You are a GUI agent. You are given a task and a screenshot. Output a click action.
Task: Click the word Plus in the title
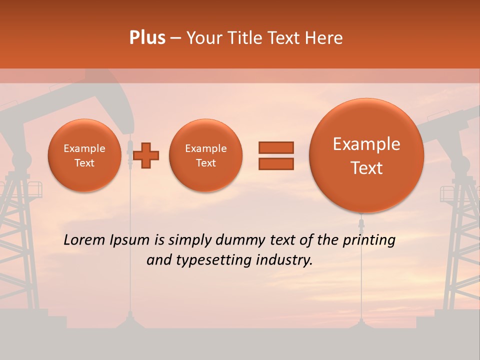click(147, 38)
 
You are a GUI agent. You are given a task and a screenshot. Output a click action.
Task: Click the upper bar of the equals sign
click(276, 147)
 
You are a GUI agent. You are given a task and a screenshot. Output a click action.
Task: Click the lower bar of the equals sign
click(276, 163)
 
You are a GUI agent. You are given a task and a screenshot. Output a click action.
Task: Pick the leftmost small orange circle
click(84, 155)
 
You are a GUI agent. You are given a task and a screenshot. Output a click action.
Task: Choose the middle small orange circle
click(205, 155)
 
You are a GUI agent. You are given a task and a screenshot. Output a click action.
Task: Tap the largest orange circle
click(366, 155)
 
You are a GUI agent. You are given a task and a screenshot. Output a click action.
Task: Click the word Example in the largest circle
click(366, 144)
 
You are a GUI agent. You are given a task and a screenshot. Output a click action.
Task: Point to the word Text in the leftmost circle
click(84, 163)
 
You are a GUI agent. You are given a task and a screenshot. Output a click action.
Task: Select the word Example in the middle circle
click(205, 148)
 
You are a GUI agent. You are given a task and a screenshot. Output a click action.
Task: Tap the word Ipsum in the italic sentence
click(131, 240)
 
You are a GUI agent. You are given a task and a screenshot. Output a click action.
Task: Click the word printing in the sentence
click(368, 240)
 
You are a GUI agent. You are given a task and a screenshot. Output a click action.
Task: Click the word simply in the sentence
click(190, 240)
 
